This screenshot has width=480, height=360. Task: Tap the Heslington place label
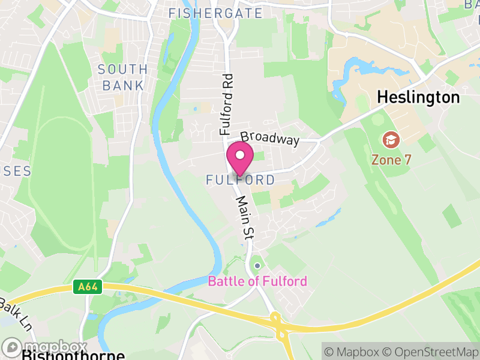[418, 97]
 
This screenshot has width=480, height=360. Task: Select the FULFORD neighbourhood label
[240, 180]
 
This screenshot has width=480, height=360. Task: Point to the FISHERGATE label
[215, 13]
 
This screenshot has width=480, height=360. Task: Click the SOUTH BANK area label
[123, 77]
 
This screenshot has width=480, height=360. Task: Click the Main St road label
[243, 218]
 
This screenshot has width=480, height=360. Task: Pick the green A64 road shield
[88, 287]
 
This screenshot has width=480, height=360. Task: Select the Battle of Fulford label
[257, 281]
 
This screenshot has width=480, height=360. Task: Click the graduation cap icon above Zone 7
[391, 141]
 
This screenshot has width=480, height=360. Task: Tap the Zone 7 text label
[391, 160]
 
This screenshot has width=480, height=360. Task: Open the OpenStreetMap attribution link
[433, 352]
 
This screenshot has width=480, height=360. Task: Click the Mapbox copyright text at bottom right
[354, 352]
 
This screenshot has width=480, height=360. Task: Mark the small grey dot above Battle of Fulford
[257, 265]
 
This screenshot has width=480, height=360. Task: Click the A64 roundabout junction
[278, 328]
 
